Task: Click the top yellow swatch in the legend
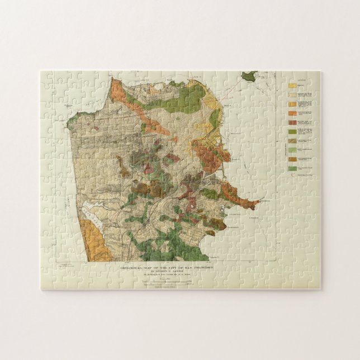[292, 87]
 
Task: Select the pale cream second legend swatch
[292, 95]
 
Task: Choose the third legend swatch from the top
[292, 104]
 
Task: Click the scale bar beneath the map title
[167, 282]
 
